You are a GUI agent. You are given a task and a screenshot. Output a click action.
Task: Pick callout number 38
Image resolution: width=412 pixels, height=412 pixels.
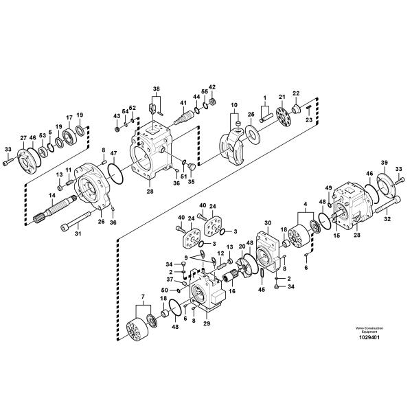pyautogui.click(x=156, y=89)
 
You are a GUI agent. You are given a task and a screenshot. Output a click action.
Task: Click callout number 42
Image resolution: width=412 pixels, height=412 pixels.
pyautogui.click(x=212, y=87)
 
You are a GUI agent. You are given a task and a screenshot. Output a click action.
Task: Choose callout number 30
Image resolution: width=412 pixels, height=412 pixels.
pyautogui.click(x=267, y=222)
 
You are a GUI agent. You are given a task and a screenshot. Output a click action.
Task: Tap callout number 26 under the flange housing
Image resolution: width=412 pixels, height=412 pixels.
pyautogui.click(x=100, y=221)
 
